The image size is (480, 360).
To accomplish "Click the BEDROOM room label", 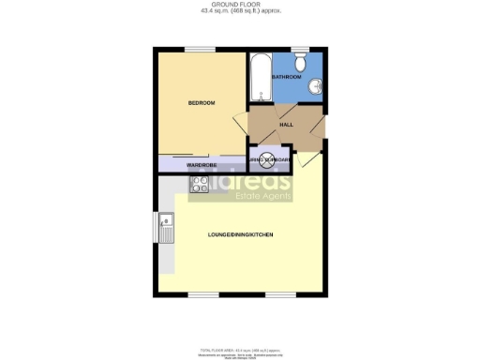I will [x=202, y=102].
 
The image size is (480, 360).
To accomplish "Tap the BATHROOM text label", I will [x=286, y=77].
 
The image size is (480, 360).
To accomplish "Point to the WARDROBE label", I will [x=202, y=165].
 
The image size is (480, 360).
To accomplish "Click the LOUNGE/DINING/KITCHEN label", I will [x=240, y=233].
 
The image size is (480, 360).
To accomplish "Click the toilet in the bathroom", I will [x=300, y=63].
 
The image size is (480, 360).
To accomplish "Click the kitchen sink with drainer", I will [x=165, y=227].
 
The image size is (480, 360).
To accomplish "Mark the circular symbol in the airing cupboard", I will [x=267, y=160].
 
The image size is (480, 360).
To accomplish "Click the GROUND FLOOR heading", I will [x=240, y=4].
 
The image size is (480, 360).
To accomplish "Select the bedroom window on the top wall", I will [x=198, y=49].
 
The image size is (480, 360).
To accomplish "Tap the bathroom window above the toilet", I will [x=300, y=49].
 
